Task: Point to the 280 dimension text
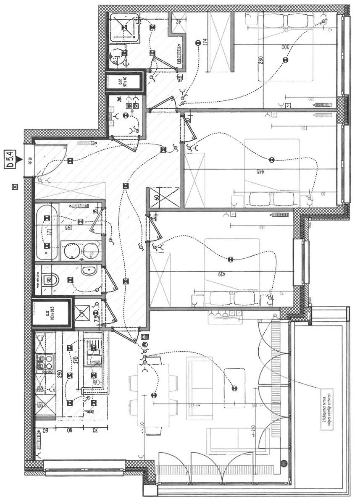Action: point(260,63)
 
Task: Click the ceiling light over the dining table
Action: point(153,395)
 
